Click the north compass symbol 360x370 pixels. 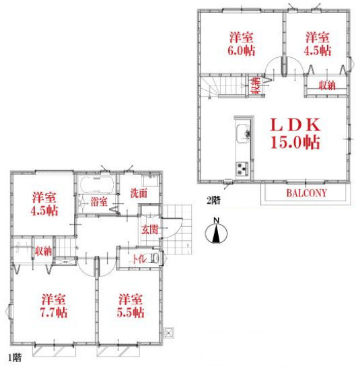(216, 231)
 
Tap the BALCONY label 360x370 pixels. (306, 193)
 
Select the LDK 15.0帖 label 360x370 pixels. (295, 133)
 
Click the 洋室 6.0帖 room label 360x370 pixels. (242, 44)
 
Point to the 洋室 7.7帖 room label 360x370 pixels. (54, 305)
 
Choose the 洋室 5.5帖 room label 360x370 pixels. (131, 305)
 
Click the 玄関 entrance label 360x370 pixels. (149, 229)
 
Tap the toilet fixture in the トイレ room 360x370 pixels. (155, 258)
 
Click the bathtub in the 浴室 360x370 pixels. (97, 184)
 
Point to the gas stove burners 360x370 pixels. (242, 168)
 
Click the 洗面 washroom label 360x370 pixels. (139, 193)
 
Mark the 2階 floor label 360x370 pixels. (213, 200)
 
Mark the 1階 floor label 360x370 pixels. (15, 358)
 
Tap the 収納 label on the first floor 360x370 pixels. (43, 251)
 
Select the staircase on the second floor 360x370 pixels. (223, 86)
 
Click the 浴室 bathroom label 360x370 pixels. (99, 202)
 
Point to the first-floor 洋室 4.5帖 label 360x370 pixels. (44, 204)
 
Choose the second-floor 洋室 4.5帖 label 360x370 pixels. (318, 44)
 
